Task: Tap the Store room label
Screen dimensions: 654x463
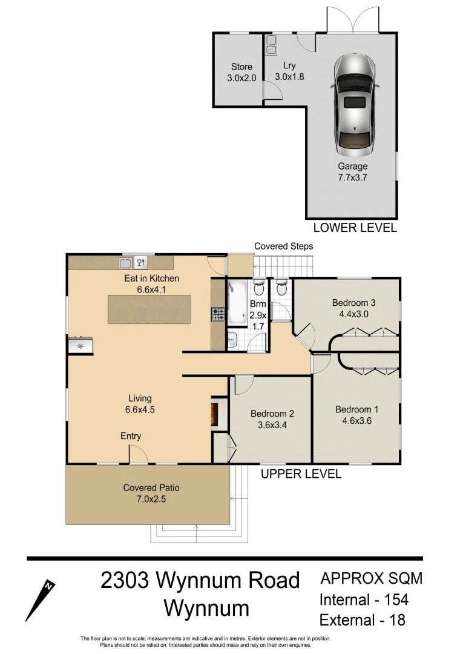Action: [241, 72]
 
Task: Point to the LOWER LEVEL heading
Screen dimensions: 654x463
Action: [355, 228]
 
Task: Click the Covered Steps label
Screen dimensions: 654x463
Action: [283, 246]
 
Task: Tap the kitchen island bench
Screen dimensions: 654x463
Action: [149, 309]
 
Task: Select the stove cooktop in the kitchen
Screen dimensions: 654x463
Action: [218, 314]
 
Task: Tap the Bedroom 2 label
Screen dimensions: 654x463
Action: [272, 419]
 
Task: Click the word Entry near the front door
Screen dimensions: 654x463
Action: [131, 436]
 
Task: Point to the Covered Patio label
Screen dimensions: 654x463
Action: [151, 493]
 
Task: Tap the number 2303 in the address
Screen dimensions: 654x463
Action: [124, 581]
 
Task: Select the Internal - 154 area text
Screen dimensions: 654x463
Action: [364, 600]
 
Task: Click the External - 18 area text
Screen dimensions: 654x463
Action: [363, 620]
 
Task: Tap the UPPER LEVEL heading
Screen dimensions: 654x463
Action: [301, 474]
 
